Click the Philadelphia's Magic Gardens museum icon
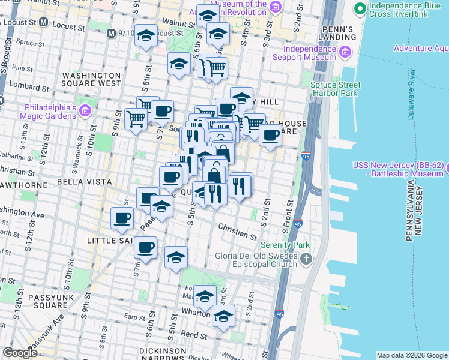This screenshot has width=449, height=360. [85, 110]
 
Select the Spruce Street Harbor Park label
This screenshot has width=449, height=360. [334, 89]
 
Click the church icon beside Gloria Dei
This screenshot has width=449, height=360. [306, 259]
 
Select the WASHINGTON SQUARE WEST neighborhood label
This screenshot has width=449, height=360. [92, 79]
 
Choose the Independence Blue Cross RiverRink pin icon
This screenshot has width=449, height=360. [360, 8]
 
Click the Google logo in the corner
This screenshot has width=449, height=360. [20, 353]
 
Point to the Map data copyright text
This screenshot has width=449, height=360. [411, 355]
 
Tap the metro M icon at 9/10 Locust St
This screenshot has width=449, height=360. [110, 32]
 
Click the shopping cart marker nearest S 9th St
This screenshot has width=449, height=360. [136, 119]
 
